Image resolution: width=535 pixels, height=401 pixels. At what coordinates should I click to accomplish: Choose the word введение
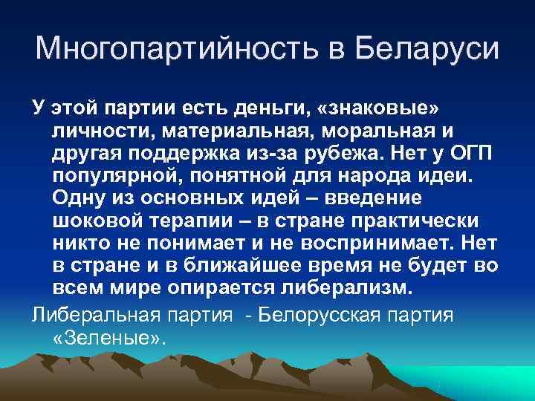(380, 200)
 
